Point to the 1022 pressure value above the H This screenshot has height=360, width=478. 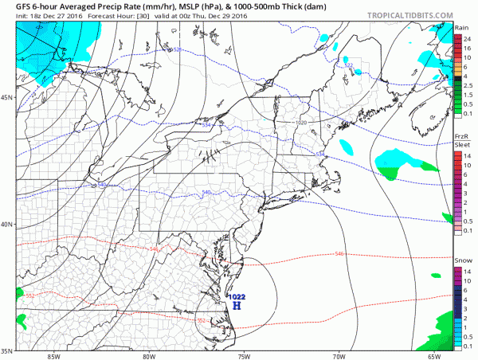click(237, 296)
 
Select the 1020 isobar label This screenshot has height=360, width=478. click(301, 123)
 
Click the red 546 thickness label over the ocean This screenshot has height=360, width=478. click(339, 254)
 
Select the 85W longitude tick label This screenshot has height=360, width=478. click(53, 356)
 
